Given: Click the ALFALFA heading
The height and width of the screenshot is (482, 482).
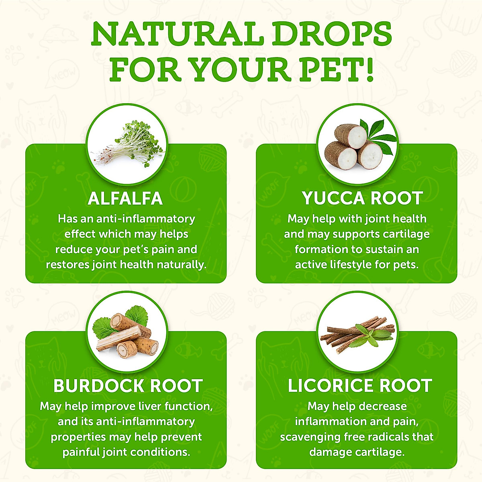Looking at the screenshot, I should pyautogui.click(x=125, y=198).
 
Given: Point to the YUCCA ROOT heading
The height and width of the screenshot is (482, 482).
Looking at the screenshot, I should pyautogui.click(x=362, y=198).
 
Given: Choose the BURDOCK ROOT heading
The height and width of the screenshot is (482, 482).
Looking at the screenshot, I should pyautogui.click(x=128, y=386).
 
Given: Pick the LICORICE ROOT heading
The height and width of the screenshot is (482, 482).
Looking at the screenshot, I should pyautogui.click(x=360, y=386).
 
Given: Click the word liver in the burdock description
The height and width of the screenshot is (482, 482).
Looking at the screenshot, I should pyautogui.click(x=149, y=406).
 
